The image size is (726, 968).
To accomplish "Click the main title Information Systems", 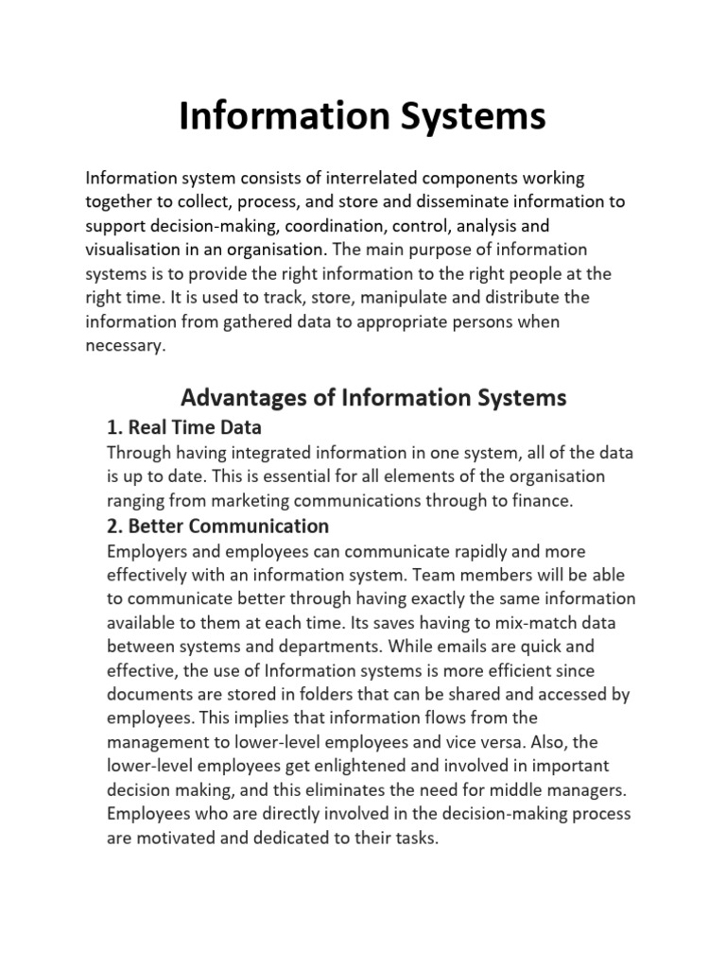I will click(362, 117).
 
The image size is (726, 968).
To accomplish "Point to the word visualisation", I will click(130, 250).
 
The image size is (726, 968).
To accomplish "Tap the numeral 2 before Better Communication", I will click(114, 526).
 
